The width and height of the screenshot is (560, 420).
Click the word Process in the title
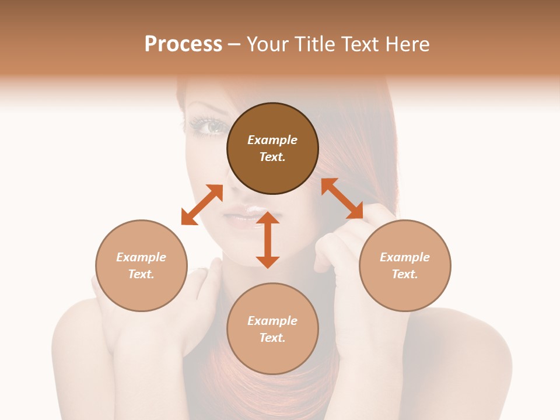(183, 44)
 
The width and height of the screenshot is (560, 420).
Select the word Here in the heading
(408, 44)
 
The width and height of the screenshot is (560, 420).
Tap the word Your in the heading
(268, 44)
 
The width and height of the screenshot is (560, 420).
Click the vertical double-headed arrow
(268, 240)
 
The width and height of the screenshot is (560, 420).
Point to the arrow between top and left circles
(202, 205)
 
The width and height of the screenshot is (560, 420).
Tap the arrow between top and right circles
(342, 198)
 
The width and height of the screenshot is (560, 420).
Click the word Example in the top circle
(272, 140)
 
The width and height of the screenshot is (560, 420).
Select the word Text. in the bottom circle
(272, 338)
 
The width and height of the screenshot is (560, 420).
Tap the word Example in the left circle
(141, 257)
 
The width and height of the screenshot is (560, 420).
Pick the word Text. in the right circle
(405, 274)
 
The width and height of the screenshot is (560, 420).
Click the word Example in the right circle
(405, 257)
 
